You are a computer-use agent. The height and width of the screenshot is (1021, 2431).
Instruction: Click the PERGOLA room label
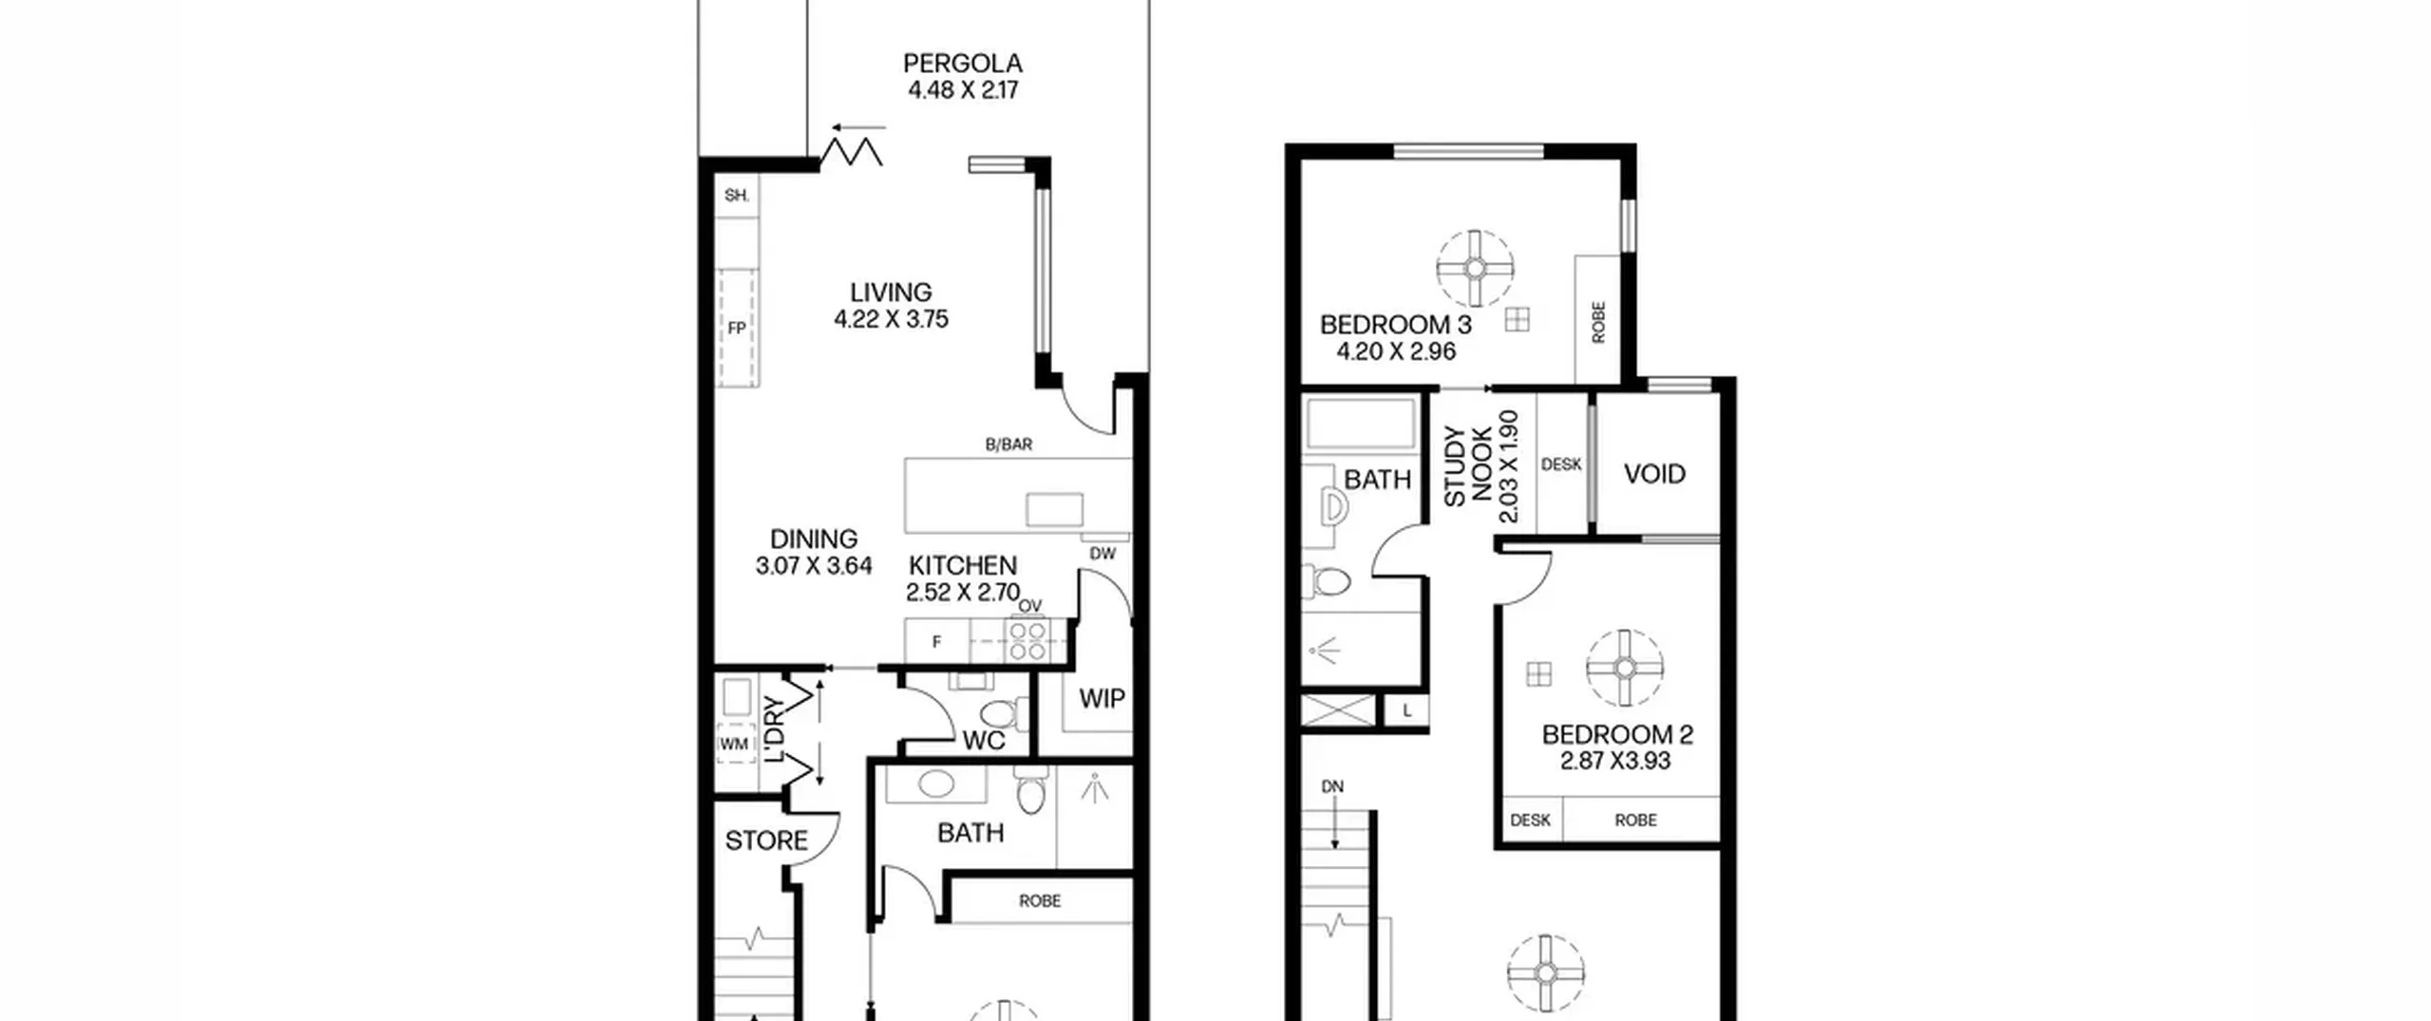coord(963,64)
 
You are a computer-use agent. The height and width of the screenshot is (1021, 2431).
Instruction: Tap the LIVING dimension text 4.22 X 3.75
coord(891,319)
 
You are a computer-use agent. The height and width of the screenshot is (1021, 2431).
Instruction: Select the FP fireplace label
coord(736,329)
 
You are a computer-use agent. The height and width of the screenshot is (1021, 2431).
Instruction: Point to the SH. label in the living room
coord(737,196)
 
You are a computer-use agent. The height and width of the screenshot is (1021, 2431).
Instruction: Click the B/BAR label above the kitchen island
coord(1008,444)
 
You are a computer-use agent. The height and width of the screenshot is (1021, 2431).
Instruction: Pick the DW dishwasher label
coord(1102,554)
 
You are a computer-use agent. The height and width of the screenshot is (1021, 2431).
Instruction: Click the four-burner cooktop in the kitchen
coord(1027,639)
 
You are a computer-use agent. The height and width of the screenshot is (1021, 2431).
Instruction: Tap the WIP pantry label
coord(1102,699)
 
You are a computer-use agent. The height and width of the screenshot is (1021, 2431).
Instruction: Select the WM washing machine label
coord(733,745)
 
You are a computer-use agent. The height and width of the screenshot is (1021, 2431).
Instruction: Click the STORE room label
coord(766,841)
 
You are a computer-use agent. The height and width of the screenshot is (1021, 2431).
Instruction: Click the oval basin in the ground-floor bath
coord(936,785)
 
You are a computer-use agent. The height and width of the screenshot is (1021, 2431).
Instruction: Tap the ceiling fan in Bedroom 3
coord(1475,269)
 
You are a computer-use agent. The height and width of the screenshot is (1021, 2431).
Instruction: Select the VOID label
coord(1654,474)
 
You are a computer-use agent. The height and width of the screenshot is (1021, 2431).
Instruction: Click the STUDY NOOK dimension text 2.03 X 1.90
coord(1508,466)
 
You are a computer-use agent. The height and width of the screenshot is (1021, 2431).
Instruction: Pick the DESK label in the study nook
coord(1561,464)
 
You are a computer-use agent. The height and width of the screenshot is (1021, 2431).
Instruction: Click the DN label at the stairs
coord(1332,787)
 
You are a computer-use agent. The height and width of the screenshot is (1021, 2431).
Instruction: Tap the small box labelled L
coord(1407,710)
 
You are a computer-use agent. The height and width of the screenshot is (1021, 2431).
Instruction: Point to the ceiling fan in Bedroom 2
coord(1625,669)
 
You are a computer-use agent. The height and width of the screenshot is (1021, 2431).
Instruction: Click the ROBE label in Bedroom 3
coord(1598,323)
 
